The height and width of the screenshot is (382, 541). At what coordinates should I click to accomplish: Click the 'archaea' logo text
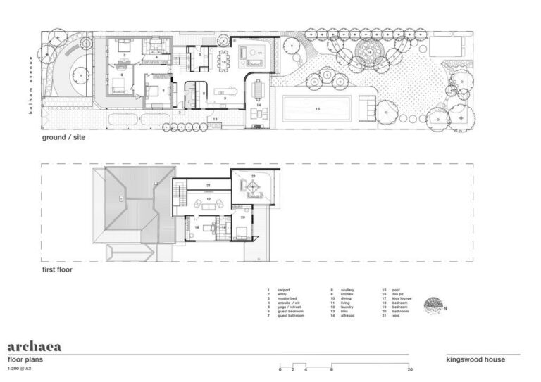pos(34,346)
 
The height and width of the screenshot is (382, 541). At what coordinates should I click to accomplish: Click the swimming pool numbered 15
pos(316,109)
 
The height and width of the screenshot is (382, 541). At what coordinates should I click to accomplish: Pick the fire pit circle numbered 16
pos(368,52)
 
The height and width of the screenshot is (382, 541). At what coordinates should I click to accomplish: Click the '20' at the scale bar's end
pos(409,369)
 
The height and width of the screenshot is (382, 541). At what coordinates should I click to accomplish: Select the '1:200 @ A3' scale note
pos(20,367)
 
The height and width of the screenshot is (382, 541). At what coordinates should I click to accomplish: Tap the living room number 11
pos(259,53)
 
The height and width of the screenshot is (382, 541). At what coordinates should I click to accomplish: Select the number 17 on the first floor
pos(209,199)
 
